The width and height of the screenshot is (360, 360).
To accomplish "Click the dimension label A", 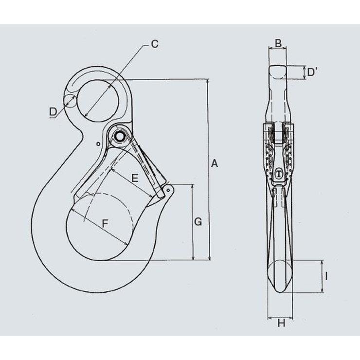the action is tap(214, 163).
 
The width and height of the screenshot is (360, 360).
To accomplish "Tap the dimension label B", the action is tap(278, 43).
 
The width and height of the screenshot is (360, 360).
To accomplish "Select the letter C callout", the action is tap(155, 44).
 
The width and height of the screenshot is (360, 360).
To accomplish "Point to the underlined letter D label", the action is tap(53, 112).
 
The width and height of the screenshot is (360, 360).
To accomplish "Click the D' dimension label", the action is tap(312, 72).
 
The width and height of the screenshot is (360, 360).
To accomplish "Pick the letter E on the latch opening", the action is tap(135, 178).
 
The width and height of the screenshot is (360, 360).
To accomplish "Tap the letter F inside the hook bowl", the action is tap(105, 223).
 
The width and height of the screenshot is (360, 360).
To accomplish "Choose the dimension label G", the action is tap(198, 222).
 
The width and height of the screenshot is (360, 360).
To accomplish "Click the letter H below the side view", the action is tap(282, 323).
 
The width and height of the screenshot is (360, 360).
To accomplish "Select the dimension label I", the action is tap(326, 276).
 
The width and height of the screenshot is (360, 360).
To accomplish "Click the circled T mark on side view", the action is tap(279, 173).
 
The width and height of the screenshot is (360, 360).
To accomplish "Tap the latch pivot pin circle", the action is tap(119, 137).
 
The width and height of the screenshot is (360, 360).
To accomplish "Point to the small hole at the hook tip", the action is tap(168, 190).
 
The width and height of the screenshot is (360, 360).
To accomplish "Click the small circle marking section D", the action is tap(70, 101).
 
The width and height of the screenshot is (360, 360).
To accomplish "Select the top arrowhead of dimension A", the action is tap(208, 81).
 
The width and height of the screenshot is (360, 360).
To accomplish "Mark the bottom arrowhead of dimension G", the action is tap(193, 258).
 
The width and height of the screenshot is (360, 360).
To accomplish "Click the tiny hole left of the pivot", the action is tap(98, 144).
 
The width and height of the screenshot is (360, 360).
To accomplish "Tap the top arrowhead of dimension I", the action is tap(322, 263).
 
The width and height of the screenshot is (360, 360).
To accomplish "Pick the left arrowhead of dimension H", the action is tap(270, 318).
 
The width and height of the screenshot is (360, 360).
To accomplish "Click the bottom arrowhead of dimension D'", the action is tap(305, 77).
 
